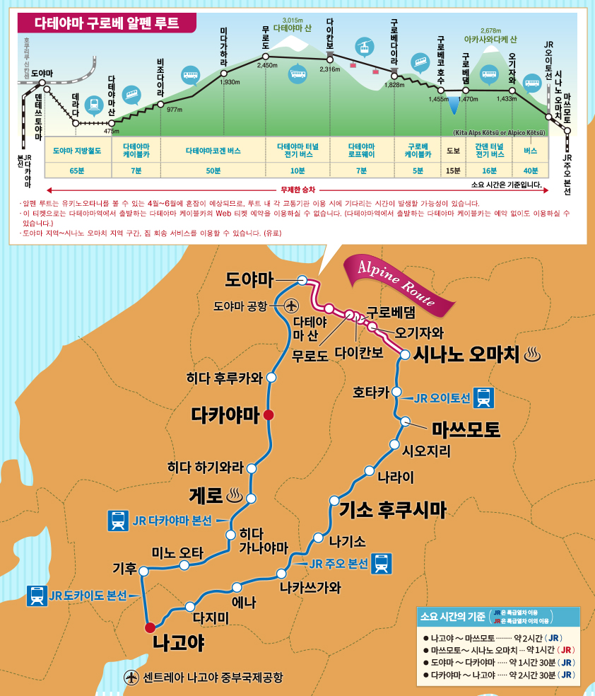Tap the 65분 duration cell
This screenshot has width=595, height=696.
coord(78,170)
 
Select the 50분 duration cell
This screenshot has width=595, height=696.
coord(213,170)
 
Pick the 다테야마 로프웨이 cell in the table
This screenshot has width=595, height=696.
coord(361,151)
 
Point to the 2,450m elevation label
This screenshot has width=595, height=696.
coord(267,65)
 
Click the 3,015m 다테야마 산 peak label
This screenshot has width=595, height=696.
coord(292,25)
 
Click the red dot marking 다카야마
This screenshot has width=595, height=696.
coord(269,416)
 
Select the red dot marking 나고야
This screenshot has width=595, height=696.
coord(149,627)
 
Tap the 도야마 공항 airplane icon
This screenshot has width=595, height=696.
coord(291,306)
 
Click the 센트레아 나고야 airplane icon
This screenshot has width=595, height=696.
coord(131,677)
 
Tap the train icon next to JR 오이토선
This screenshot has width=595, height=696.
coord(484,398)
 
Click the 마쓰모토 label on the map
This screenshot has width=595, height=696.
coord(466,429)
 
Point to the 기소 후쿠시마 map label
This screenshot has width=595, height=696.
coord(393,509)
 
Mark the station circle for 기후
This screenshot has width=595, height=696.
coord(143,570)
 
